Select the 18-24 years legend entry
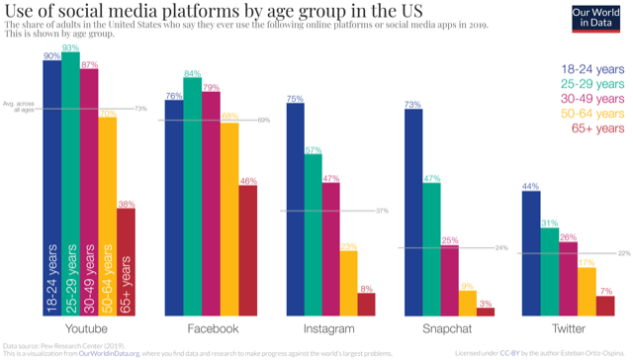(x=591, y=69)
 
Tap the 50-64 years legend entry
(x=591, y=114)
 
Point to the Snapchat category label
(x=446, y=328)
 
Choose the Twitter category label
(x=568, y=328)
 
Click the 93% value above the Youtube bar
(x=71, y=48)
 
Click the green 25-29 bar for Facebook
(x=192, y=198)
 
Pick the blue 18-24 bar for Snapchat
(x=413, y=213)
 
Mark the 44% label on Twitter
(x=530, y=186)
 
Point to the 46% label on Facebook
(x=248, y=181)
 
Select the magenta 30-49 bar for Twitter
(x=567, y=278)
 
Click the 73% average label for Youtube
(x=140, y=108)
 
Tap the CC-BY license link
(x=508, y=353)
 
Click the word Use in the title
(x=22, y=13)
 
